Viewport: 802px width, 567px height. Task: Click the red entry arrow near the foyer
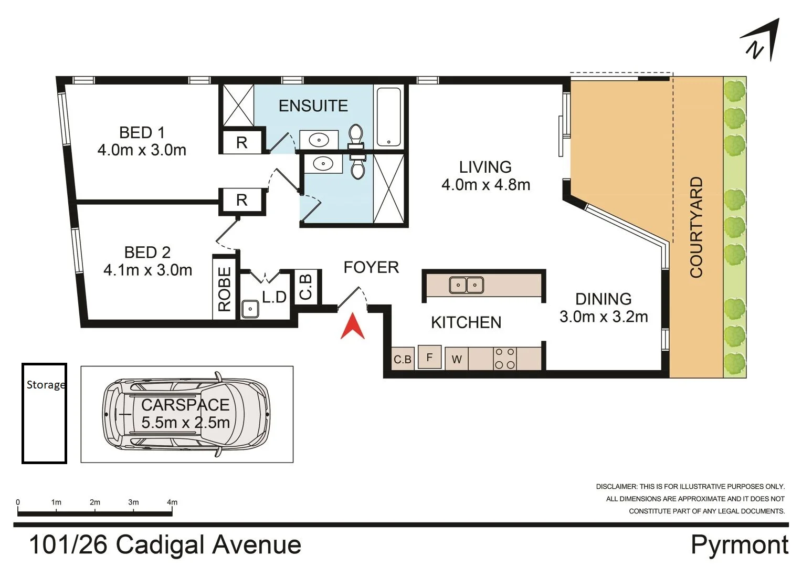click(353, 327)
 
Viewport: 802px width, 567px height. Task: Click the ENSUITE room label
click(313, 106)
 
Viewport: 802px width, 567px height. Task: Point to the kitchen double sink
click(466, 285)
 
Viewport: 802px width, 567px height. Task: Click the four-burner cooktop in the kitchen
click(505, 359)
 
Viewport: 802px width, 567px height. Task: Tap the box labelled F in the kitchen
click(429, 358)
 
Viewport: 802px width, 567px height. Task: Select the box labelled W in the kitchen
click(457, 359)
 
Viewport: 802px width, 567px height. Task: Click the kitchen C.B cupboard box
click(403, 359)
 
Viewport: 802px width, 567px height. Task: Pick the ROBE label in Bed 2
click(225, 289)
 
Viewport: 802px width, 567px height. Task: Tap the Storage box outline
click(44, 413)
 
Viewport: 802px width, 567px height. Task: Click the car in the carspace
click(186, 414)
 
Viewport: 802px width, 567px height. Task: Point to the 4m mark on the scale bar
click(172, 502)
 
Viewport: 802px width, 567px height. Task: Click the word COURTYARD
click(696, 227)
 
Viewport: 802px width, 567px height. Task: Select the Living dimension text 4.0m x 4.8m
click(486, 185)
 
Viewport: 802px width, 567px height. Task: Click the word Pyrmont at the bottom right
click(739, 544)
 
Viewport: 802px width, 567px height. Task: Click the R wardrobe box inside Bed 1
click(241, 142)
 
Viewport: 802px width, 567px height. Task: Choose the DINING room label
click(603, 299)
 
